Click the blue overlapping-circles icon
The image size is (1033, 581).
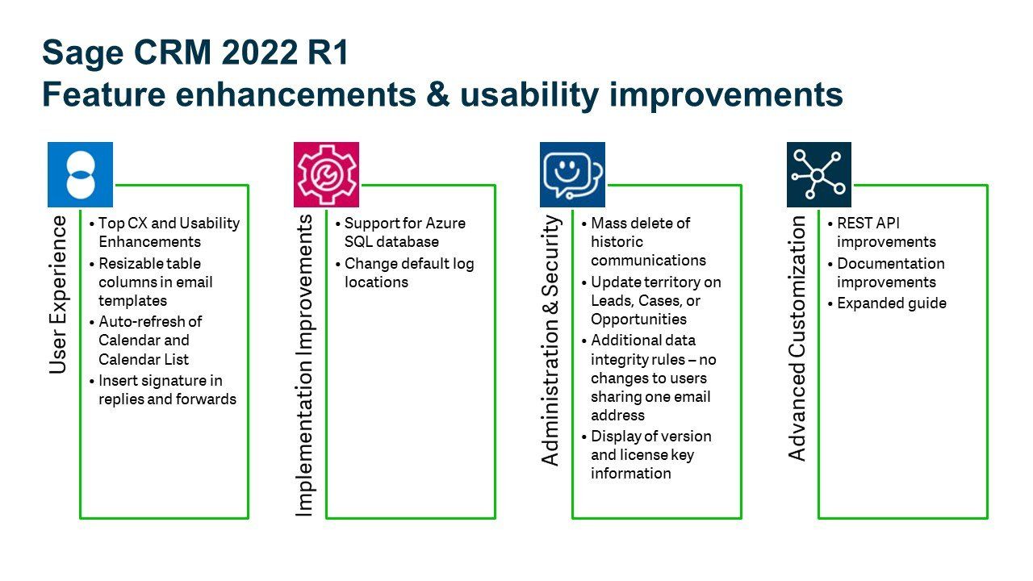coord(80,174)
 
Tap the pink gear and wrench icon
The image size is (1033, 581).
coord(327,174)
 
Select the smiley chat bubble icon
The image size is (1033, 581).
coord(572,174)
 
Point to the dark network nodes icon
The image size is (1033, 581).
coord(819,174)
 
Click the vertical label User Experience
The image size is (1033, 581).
coord(58,295)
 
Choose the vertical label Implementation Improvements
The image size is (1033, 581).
coord(304,366)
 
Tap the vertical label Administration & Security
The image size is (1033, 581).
coord(550,341)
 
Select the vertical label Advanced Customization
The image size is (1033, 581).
coord(797,338)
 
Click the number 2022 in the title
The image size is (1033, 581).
coord(260,52)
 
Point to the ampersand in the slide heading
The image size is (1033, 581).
coord(437,94)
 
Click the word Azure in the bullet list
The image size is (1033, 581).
coord(445,224)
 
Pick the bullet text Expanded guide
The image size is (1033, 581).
coord(892,303)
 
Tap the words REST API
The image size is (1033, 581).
coord(868,224)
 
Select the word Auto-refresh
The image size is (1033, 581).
coord(150,321)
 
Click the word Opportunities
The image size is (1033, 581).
coord(638,320)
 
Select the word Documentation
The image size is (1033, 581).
coord(891,264)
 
